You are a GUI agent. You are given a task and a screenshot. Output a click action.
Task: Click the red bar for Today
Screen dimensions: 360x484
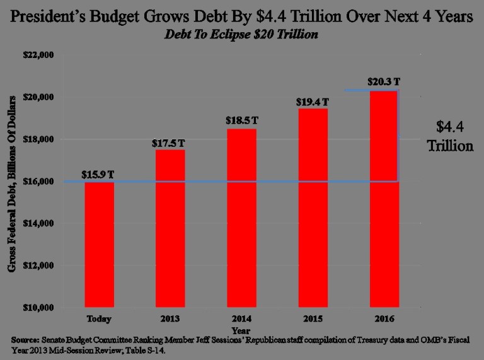click(x=100, y=245)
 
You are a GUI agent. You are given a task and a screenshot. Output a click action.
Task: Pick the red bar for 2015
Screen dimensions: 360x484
click(x=310, y=208)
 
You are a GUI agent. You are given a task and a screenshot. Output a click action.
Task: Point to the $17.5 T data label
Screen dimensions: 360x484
click(x=169, y=142)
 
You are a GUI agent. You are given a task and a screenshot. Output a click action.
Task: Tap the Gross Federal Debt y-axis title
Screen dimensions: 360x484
click(x=13, y=183)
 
